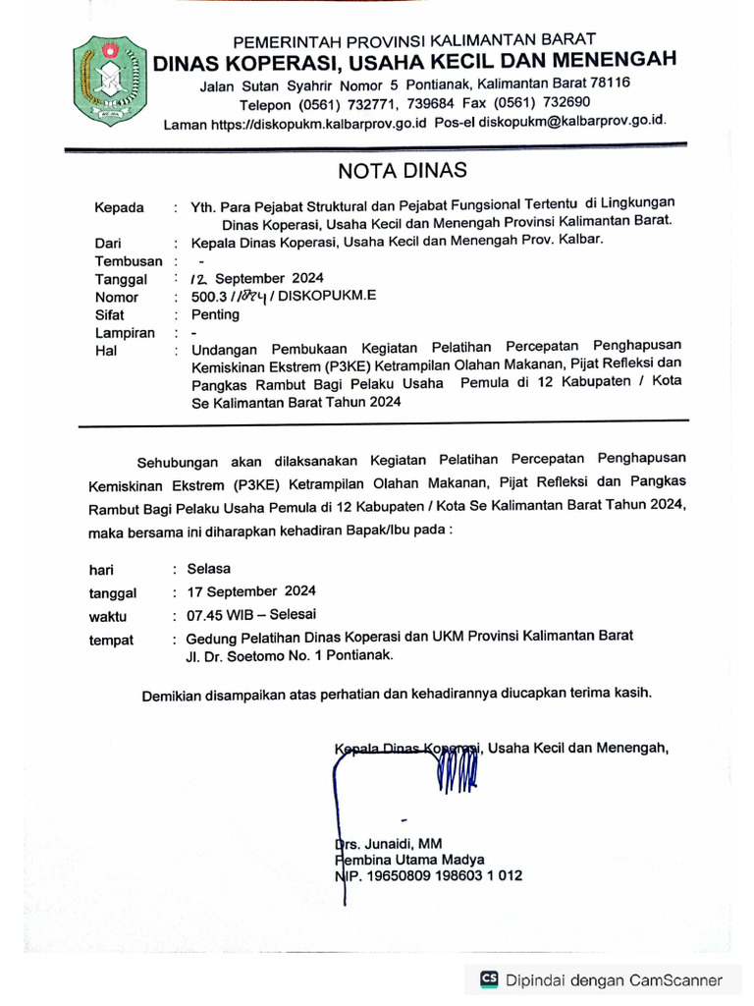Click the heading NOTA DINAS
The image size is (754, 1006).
tap(403, 170)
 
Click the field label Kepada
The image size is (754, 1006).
tap(119, 207)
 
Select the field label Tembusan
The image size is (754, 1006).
tap(128, 260)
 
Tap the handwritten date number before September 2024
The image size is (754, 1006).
tap(200, 278)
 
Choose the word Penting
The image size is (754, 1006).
tap(215, 314)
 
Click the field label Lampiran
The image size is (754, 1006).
tap(125, 333)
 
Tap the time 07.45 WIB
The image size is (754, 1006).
tap(217, 615)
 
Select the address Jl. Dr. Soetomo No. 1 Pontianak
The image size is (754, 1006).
tap(290, 654)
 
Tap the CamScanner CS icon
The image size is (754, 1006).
tap(489, 979)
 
